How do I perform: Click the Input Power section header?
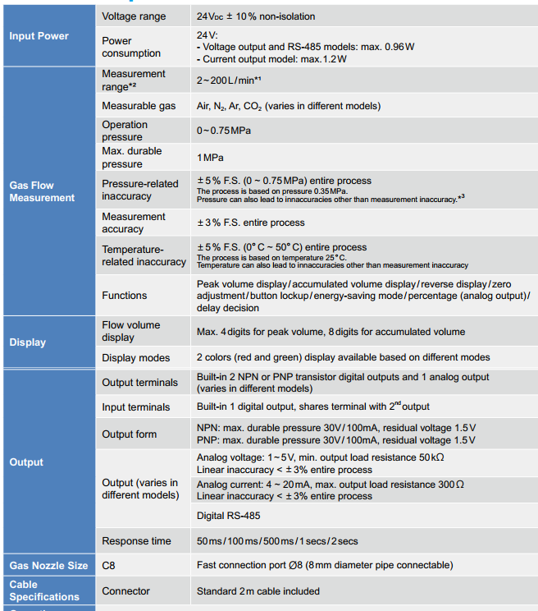click(x=39, y=36)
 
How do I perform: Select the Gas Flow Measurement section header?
click(x=42, y=191)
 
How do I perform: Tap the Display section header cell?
click(x=27, y=342)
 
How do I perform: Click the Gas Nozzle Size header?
click(x=48, y=566)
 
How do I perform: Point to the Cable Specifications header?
click(x=44, y=590)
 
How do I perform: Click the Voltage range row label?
click(x=134, y=16)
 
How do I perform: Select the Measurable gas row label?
click(x=138, y=106)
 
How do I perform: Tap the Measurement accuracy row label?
click(x=134, y=223)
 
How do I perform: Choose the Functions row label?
click(x=125, y=295)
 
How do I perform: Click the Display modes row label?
click(x=136, y=358)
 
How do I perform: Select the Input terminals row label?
click(x=136, y=407)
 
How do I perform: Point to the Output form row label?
click(x=130, y=434)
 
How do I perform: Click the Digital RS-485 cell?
click(x=230, y=517)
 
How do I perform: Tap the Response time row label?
click(x=137, y=541)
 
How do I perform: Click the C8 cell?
click(x=109, y=566)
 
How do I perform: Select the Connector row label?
click(x=125, y=591)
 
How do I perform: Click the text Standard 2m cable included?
click(x=258, y=591)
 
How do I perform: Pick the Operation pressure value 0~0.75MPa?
click(x=224, y=131)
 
